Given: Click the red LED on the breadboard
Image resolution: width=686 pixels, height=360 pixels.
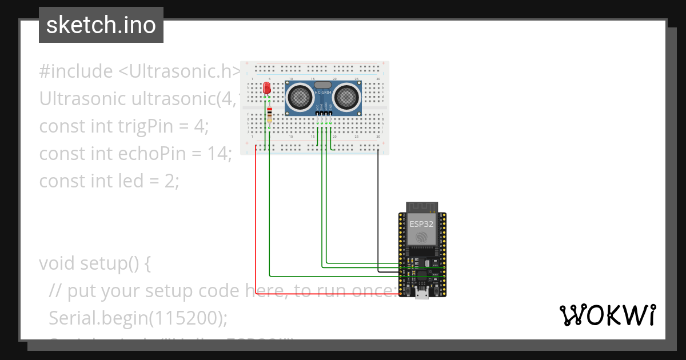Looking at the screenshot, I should coord(266,88).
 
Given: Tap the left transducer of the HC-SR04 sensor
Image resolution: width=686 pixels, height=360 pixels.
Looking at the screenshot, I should coord(300,97).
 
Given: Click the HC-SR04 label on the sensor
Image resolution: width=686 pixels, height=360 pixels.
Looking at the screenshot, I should coord(323,92).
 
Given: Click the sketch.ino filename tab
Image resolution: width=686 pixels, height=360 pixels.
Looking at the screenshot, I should coord(101,25).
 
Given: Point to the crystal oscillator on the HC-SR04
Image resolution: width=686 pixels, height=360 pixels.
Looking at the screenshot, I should coord(323,85).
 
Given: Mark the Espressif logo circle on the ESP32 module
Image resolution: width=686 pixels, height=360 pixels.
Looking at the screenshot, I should coord(422,237).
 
